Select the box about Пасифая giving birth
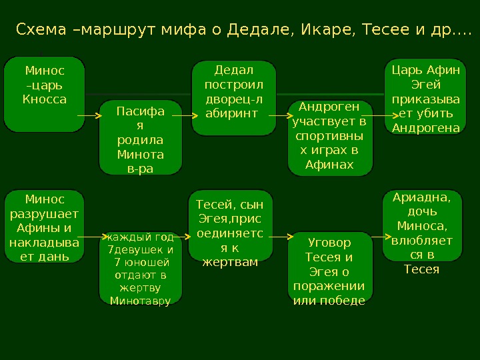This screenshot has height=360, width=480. tap(140, 137)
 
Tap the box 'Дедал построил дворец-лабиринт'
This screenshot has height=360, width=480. tap(233, 97)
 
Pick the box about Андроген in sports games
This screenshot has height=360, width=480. tap(329, 138)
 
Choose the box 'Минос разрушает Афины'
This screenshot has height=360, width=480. tap(45, 226)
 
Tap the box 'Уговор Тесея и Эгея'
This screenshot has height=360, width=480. tap(329, 269)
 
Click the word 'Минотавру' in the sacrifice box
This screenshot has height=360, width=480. tap(140, 301)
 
